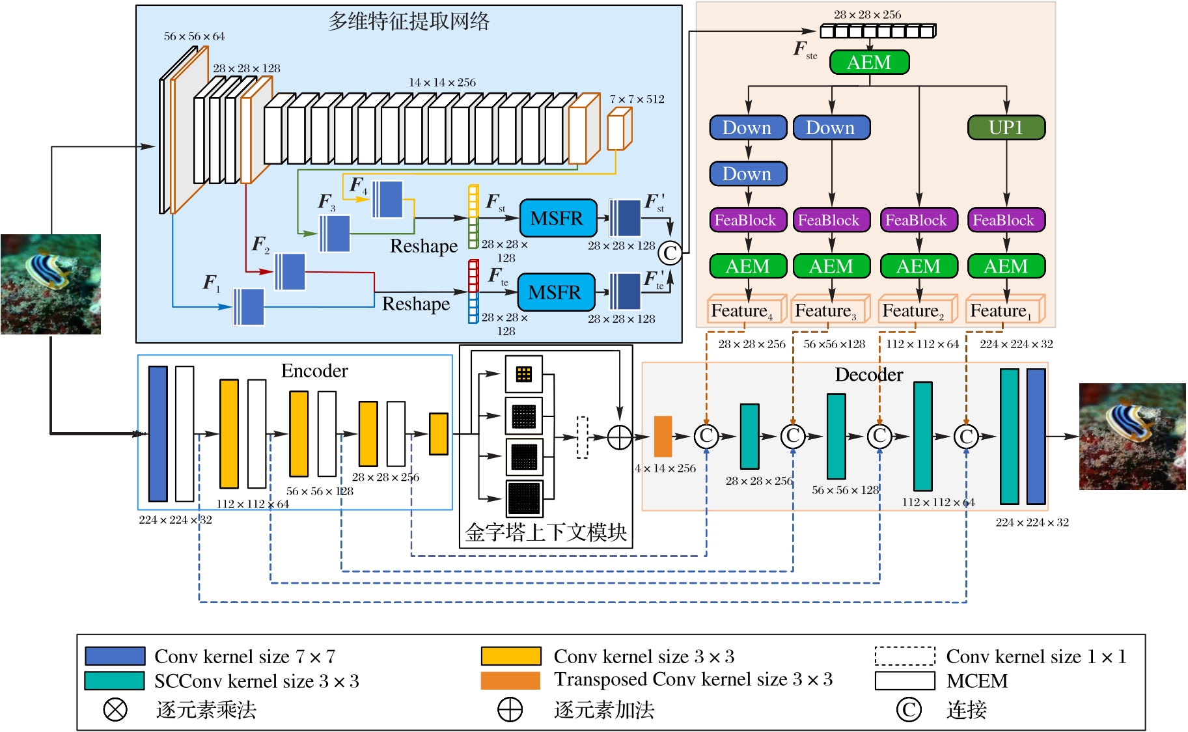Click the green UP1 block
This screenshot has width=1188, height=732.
click(x=1006, y=128)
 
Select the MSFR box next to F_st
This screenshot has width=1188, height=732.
click(x=558, y=218)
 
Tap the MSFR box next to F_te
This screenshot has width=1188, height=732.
click(x=556, y=292)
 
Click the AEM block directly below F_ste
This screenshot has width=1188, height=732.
click(x=869, y=62)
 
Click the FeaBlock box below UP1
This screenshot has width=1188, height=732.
click(x=1006, y=220)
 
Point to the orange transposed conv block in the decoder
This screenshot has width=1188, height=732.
click(x=663, y=436)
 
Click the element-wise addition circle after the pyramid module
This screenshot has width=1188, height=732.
click(x=620, y=437)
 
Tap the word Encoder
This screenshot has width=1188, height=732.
click(x=314, y=371)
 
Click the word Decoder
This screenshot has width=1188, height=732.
click(x=868, y=375)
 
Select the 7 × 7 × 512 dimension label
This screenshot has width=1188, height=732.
click(x=637, y=99)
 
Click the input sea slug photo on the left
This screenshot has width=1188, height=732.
click(x=51, y=284)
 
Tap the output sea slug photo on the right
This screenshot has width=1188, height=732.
click(x=1132, y=437)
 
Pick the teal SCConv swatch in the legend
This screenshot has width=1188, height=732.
click(x=115, y=681)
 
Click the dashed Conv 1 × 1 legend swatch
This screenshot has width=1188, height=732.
click(x=905, y=656)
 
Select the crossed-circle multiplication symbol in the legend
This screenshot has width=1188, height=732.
click(x=115, y=709)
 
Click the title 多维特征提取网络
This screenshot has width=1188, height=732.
click(x=408, y=21)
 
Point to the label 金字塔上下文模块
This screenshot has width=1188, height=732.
click(x=546, y=532)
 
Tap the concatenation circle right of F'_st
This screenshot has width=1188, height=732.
click(x=670, y=252)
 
